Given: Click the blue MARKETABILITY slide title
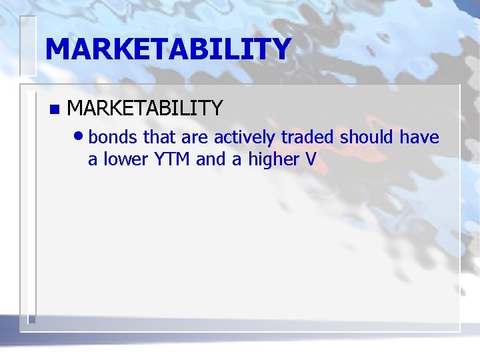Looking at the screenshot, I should [x=168, y=49].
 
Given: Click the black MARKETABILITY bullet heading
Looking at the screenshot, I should [x=145, y=107].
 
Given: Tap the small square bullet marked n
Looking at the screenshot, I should [x=54, y=109].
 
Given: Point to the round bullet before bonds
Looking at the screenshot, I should [x=80, y=136].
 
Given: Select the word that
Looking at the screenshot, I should [x=158, y=138].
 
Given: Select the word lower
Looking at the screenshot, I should [x=124, y=160].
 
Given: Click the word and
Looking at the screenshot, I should [x=210, y=160].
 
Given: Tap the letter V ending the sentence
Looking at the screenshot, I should [x=310, y=160].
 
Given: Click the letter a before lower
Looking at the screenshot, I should [x=93, y=161].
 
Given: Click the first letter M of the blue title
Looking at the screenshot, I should [x=58, y=49].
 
